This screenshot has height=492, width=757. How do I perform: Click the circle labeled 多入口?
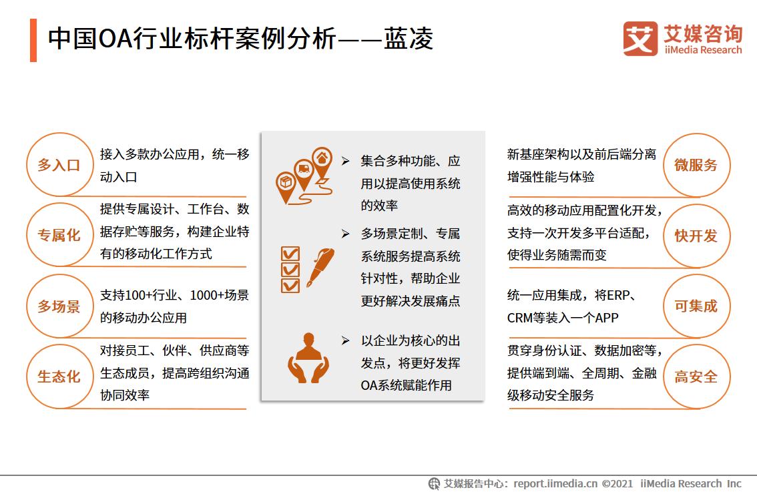pos(59,165)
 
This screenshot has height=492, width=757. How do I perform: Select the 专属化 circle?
pos(59,235)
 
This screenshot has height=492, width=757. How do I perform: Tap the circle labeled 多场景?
pos(59,306)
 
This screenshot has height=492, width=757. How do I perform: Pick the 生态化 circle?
pos(59,377)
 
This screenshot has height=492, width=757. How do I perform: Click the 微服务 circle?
pos(696,165)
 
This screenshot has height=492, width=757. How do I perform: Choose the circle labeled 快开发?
pos(696,236)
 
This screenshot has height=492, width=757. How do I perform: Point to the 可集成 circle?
pos(696,306)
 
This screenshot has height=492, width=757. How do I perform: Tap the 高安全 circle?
pos(696,377)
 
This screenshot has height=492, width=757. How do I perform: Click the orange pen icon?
pos(320,267)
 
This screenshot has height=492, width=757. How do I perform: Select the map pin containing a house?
pos(322,160)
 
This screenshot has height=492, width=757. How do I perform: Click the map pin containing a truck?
pos(304,172)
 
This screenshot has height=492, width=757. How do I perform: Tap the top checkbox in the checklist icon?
pos(290,254)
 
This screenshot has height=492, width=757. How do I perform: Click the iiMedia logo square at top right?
pos(640,39)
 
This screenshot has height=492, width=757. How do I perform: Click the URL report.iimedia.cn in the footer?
pos(555,483)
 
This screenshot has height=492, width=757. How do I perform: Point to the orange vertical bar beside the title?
pos(33,40)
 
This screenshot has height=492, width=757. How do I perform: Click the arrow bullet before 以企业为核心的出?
pos(345,340)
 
